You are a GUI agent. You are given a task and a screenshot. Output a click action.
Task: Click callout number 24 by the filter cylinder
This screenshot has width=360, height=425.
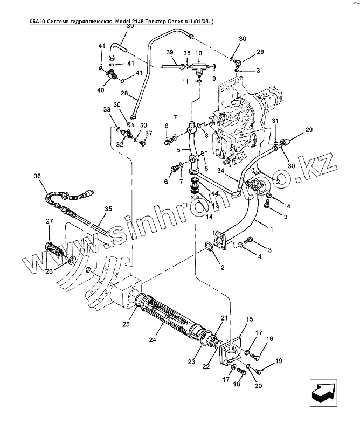click(153, 340)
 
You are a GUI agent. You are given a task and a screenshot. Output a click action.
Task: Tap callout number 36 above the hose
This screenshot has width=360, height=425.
click(37, 176)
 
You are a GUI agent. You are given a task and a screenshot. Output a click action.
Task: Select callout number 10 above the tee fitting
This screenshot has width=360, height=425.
click(198, 53)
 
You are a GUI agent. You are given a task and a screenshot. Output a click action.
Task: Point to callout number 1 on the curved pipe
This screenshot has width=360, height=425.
click(271, 229)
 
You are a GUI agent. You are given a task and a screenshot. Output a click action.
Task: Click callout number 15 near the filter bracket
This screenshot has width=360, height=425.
click(250, 319)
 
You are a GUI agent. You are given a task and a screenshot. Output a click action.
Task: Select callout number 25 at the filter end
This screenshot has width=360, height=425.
click(126, 324)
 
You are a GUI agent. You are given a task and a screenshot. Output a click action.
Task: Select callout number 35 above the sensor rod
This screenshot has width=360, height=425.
click(108, 208)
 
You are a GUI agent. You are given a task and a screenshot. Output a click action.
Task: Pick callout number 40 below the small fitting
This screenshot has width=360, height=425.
click(101, 89)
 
